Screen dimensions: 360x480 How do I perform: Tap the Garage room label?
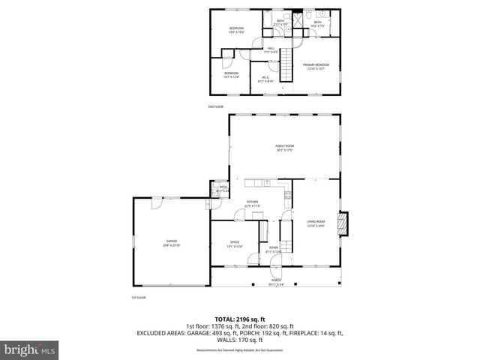(x=171, y=243)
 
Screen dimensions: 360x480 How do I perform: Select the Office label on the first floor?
(x=234, y=243)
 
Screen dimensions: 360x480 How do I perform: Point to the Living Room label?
(x=315, y=223)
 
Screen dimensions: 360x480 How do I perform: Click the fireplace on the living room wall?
(x=343, y=224)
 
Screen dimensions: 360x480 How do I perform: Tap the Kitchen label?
(x=253, y=203)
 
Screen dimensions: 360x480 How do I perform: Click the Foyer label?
(x=273, y=251)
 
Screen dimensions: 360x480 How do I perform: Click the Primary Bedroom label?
(x=316, y=67)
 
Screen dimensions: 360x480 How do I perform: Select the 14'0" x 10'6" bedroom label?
(x=237, y=30)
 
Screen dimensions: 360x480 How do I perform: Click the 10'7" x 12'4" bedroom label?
(x=231, y=74)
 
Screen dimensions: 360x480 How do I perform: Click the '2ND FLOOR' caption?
(x=216, y=107)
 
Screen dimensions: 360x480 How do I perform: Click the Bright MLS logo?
(x=29, y=349)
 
